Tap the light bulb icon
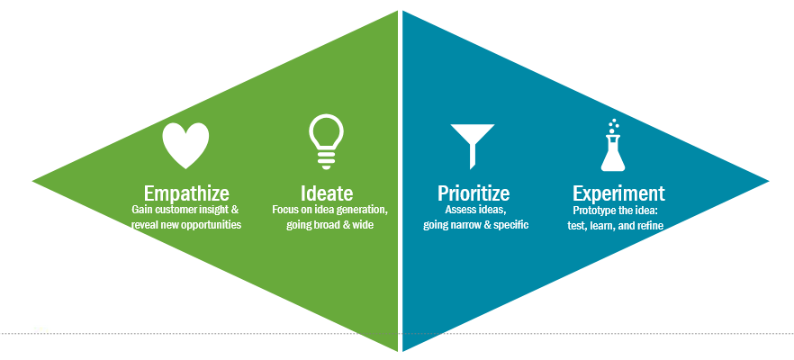coord(326,141)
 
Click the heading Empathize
coord(186,193)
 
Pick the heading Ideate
coord(327,193)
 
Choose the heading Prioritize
coord(474,193)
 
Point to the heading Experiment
coord(618,193)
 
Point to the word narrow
coord(466,225)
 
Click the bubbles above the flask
coord(614,126)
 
